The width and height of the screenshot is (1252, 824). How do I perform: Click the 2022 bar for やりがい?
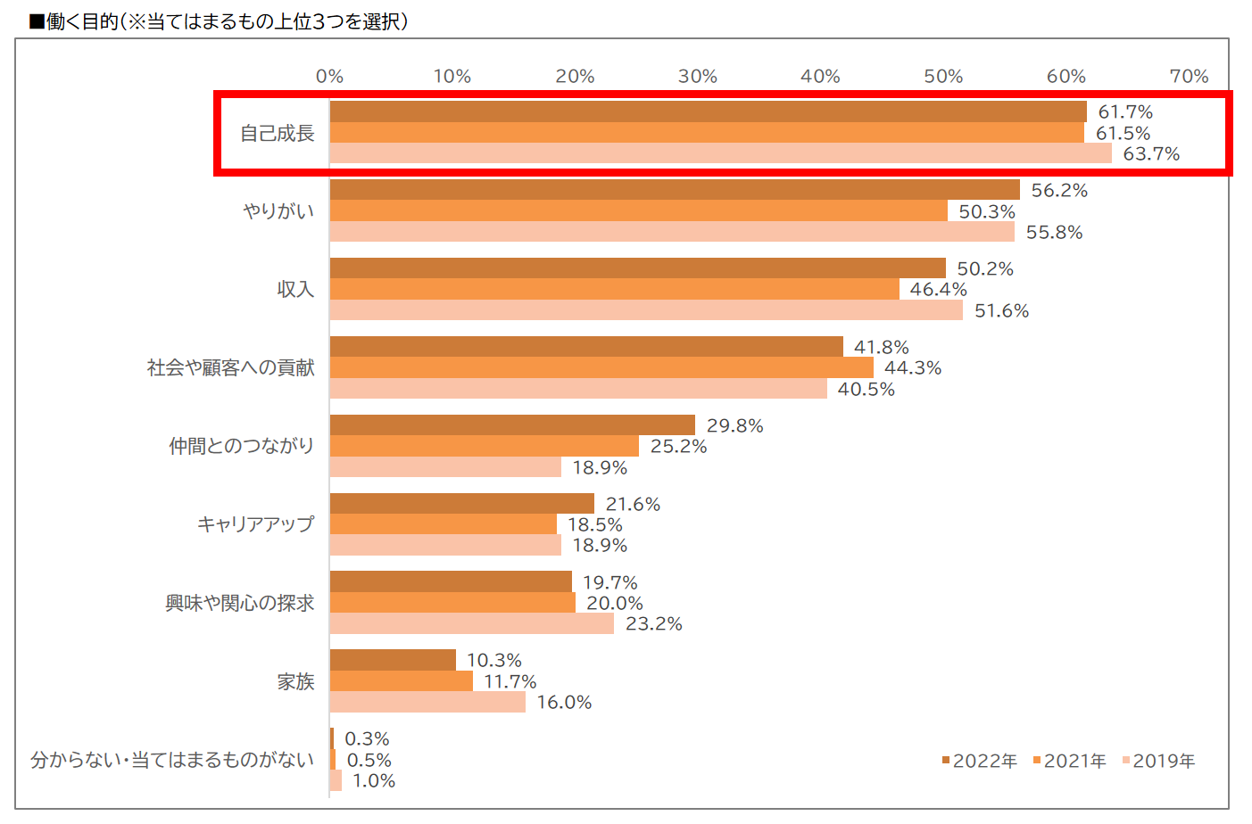(x=674, y=189)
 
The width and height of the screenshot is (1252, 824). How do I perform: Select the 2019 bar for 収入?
(x=645, y=310)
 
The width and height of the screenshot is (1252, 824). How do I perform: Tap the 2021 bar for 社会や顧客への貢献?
(x=601, y=367)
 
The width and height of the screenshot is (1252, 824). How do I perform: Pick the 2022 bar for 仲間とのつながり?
(x=511, y=424)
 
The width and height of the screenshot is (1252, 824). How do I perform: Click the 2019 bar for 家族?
(x=427, y=702)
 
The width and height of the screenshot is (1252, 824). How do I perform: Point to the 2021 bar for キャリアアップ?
(x=443, y=524)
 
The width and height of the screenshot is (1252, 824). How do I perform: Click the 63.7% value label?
(x=1150, y=154)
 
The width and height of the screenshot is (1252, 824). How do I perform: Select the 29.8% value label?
(x=734, y=425)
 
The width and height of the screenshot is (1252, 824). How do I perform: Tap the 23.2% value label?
(x=653, y=624)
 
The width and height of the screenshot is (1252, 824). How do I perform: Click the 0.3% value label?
(x=367, y=738)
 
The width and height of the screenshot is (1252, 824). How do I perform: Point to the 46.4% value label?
(x=938, y=289)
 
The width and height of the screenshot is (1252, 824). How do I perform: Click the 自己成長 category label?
(x=277, y=133)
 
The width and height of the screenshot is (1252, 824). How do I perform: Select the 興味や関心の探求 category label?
(x=239, y=603)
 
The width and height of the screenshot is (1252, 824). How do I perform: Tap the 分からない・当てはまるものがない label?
(x=172, y=760)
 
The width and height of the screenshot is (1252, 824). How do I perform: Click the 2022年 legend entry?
(x=979, y=761)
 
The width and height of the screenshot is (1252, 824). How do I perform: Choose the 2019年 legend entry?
(x=1158, y=761)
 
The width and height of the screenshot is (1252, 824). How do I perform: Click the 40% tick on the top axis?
(x=820, y=77)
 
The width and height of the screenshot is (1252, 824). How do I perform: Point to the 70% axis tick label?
(x=1188, y=77)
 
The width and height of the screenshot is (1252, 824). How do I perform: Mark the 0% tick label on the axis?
(x=329, y=77)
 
